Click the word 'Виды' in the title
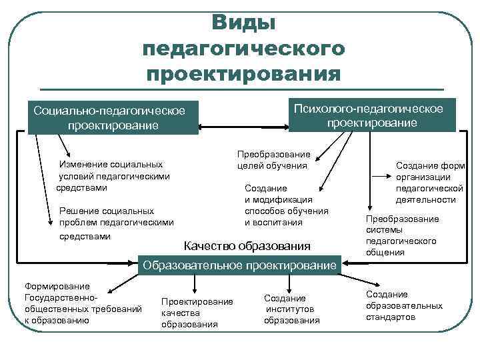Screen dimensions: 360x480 click(x=243, y=23)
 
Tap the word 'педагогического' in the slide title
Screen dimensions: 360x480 click(x=243, y=48)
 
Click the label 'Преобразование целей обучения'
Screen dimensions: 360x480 click(x=273, y=160)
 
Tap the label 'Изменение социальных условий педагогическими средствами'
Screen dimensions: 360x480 click(x=113, y=176)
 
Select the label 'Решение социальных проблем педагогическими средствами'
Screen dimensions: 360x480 click(x=115, y=223)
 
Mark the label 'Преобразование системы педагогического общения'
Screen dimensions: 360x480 click(x=401, y=235)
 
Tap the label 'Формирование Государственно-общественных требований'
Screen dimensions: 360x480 click(x=82, y=303)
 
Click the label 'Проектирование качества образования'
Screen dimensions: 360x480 click(x=197, y=313)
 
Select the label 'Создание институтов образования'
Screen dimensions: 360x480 click(x=292, y=309)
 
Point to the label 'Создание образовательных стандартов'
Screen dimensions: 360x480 click(x=403, y=305)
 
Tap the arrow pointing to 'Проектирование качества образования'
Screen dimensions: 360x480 click(x=194, y=283)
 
